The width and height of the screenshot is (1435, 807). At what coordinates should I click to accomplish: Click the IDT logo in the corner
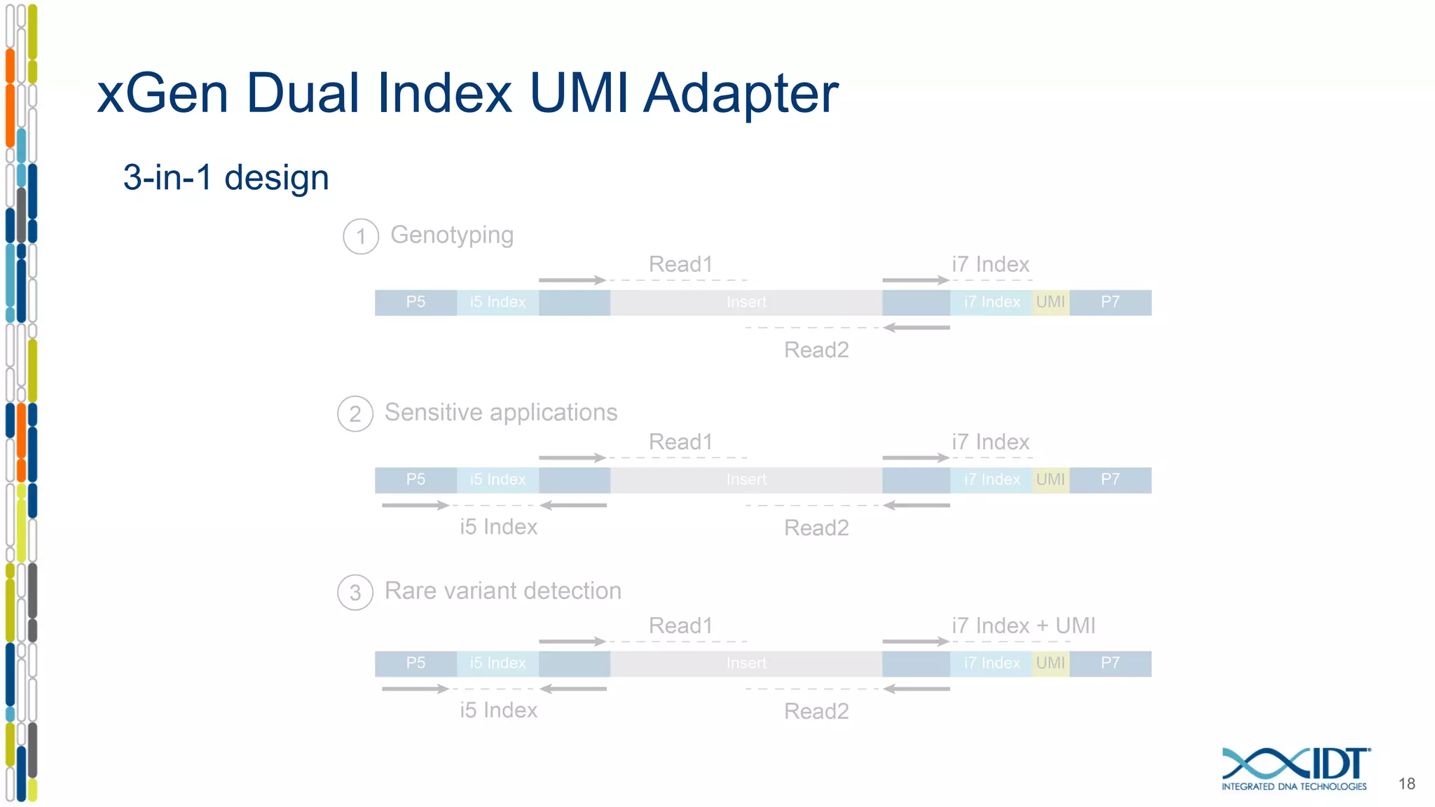[1295, 769]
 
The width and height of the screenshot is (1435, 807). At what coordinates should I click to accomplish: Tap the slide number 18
[1406, 783]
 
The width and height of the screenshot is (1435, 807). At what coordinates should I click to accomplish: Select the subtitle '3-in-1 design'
[226, 177]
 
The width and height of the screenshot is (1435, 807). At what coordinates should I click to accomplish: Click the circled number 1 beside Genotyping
[361, 236]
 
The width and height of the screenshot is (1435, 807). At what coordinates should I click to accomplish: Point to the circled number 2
[355, 414]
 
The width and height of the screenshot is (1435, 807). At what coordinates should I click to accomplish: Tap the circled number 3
[355, 593]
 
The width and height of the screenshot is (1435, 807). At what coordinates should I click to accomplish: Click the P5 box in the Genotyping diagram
[416, 302]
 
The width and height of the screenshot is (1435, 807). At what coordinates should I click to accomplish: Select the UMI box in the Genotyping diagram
[1050, 302]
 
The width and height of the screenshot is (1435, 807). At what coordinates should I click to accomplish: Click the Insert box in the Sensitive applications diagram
[746, 480]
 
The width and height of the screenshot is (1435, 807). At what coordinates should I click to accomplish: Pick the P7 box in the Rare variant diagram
[1110, 663]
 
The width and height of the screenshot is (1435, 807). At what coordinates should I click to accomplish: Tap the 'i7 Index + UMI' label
[1023, 625]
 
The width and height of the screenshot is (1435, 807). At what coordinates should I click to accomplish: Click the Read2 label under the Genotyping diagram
[816, 350]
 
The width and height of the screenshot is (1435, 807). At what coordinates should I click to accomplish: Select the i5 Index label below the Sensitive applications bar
[498, 527]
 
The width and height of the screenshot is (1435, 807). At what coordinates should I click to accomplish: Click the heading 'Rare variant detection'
[502, 591]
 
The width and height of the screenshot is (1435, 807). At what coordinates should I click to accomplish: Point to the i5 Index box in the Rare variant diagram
[497, 663]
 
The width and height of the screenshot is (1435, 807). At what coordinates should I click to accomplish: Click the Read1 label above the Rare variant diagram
[680, 625]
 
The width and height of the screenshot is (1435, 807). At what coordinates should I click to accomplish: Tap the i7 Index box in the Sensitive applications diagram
[991, 480]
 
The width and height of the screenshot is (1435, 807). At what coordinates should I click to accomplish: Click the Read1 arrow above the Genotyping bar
[572, 280]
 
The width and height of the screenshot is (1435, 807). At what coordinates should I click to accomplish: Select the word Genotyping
[452, 235]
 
